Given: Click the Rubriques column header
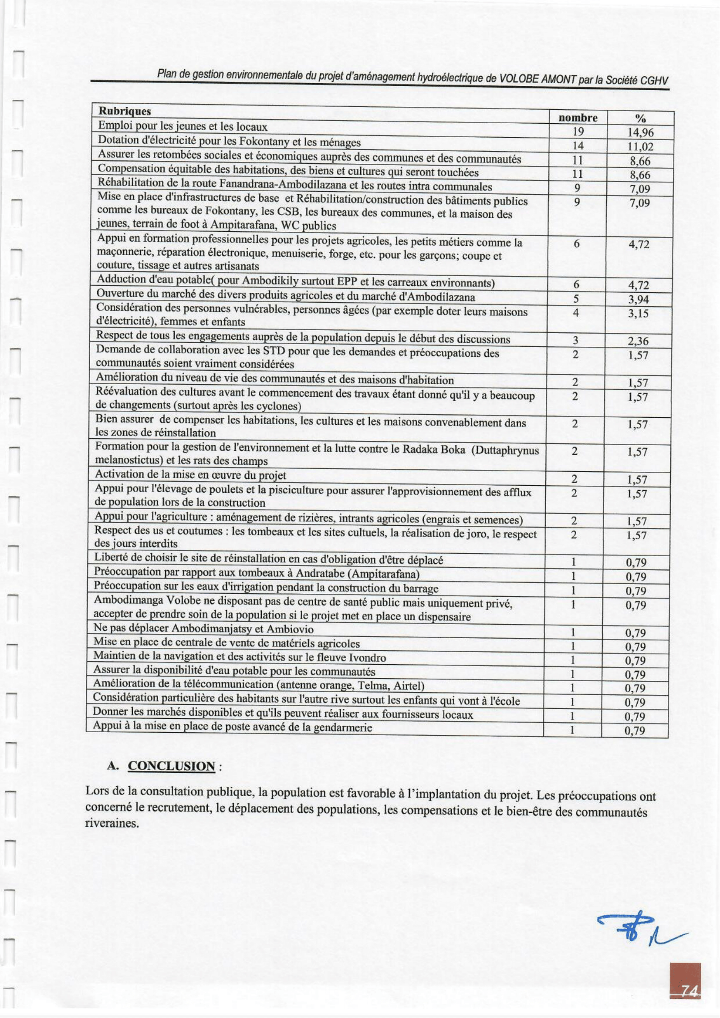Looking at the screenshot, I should (124, 111).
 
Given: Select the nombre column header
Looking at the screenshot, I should (578, 118).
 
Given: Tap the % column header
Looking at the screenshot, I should (640, 118).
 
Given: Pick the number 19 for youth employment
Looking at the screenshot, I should (578, 131).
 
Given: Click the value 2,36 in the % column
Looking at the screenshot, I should (638, 341).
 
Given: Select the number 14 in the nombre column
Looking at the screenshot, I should (578, 145).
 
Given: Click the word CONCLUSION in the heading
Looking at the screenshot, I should (172, 766).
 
